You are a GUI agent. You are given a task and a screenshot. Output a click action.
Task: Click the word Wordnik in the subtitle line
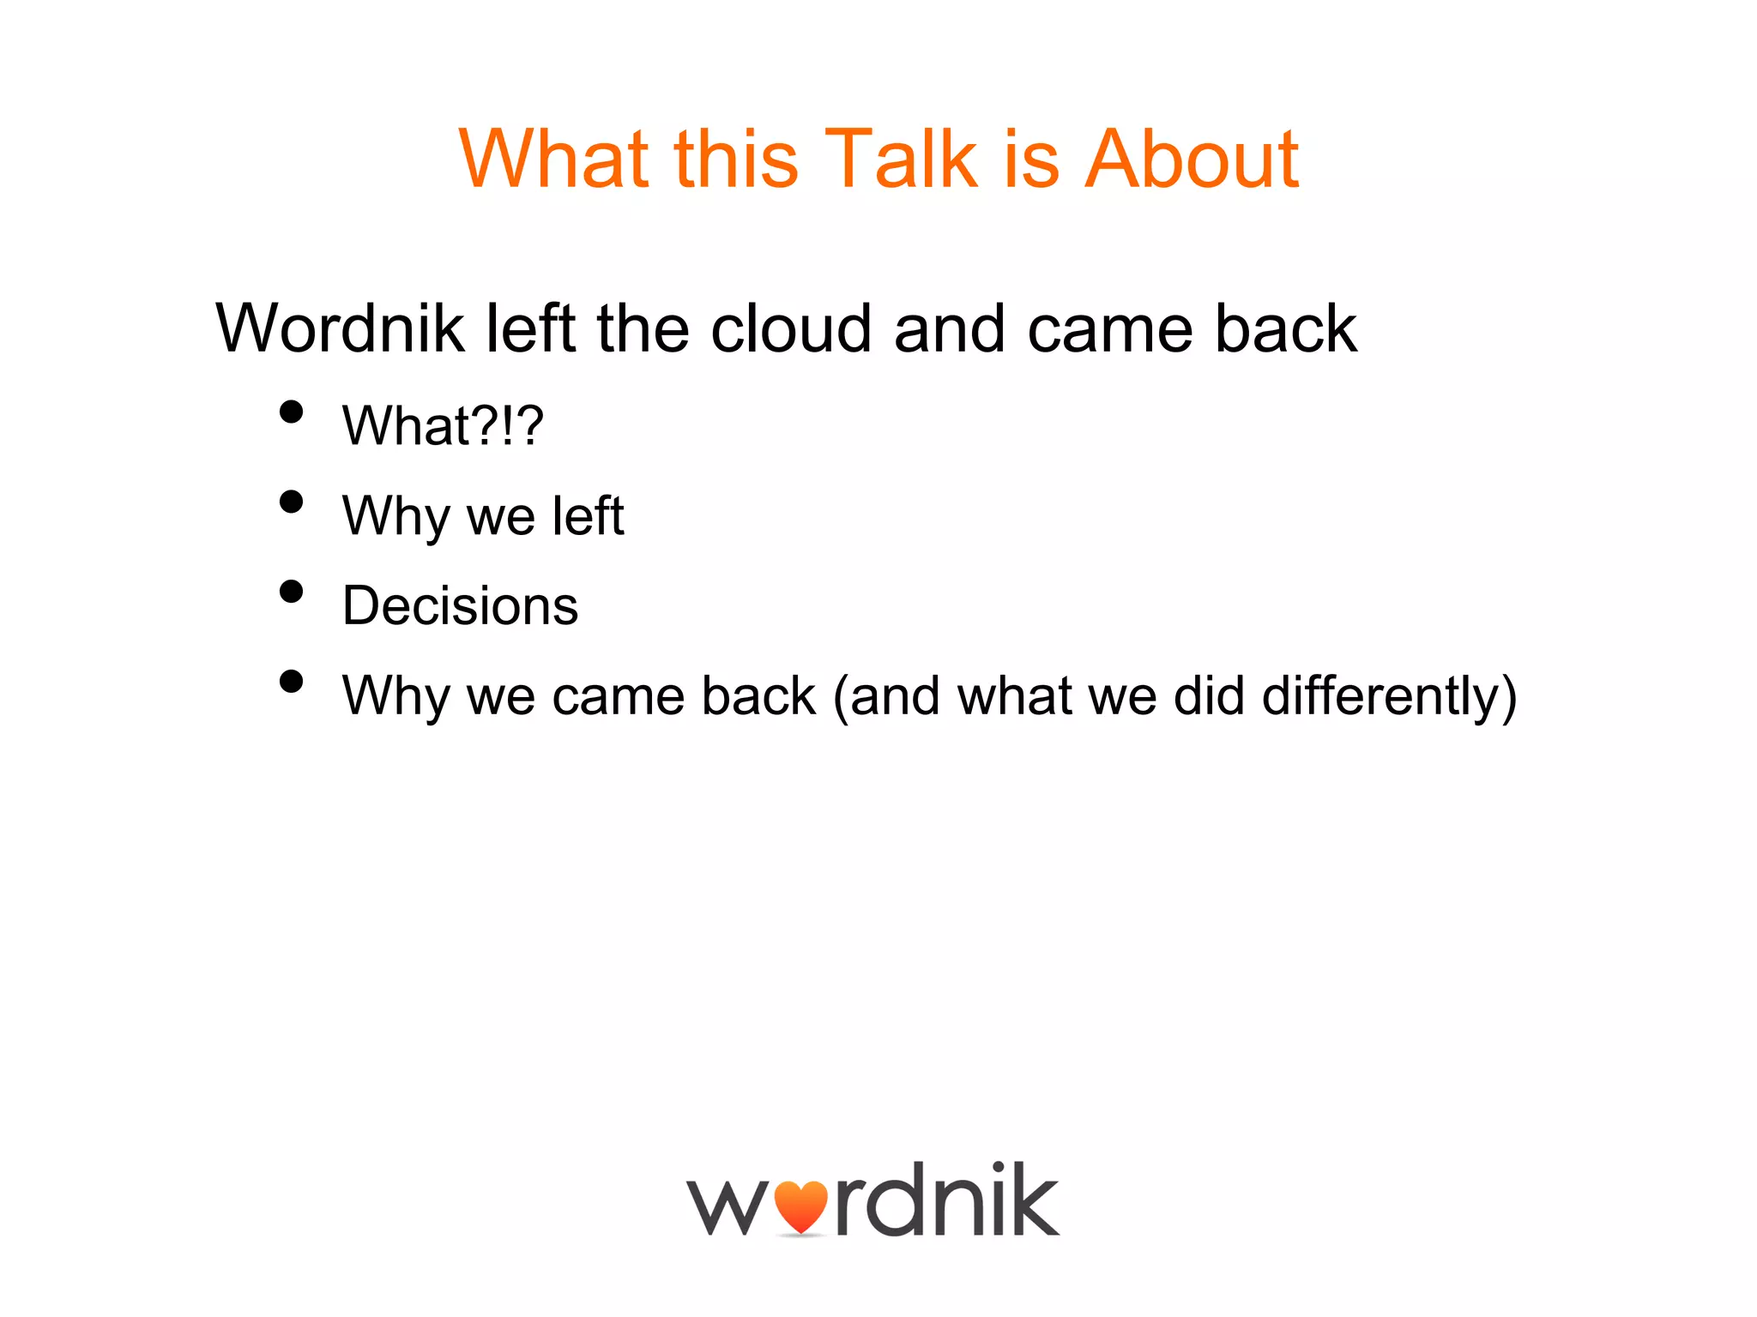[340, 328]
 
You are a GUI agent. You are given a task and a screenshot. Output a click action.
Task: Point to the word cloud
[791, 328]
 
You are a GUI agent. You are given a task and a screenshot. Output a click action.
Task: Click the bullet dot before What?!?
[292, 412]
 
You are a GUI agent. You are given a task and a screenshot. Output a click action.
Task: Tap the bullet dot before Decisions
[292, 592]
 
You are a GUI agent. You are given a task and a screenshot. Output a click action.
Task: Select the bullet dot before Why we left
[292, 502]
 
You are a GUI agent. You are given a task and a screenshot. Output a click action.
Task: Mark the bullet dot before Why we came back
[292, 682]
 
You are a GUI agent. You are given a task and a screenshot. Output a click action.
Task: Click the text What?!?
[443, 425]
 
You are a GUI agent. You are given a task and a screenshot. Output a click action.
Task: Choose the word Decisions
[460, 605]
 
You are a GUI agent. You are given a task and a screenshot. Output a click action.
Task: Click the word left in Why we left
[588, 516]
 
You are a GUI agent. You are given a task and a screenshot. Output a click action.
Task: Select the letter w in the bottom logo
[728, 1207]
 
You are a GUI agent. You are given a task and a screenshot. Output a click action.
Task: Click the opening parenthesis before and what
[841, 695]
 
